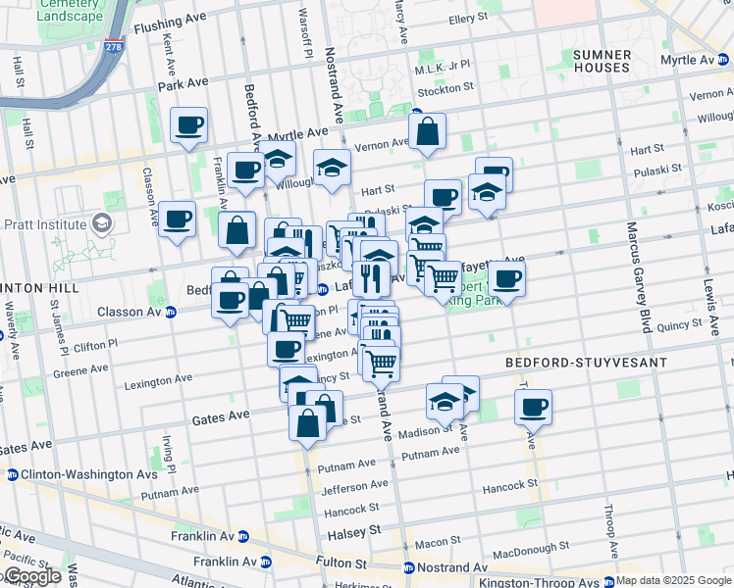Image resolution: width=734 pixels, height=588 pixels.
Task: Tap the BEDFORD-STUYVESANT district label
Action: coord(586,363)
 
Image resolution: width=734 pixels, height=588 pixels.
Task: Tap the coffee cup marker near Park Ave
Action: coord(188,125)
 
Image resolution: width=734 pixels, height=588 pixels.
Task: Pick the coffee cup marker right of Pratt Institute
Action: coord(178,220)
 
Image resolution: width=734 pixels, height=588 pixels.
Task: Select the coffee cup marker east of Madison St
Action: coord(533,406)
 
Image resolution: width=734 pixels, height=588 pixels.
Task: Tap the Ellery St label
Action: coord(467,19)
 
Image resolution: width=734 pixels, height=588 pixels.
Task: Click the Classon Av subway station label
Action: coord(135,312)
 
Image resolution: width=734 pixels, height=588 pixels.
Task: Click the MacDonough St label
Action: coord(529,547)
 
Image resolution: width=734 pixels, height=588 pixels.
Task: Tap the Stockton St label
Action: coord(446,88)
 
